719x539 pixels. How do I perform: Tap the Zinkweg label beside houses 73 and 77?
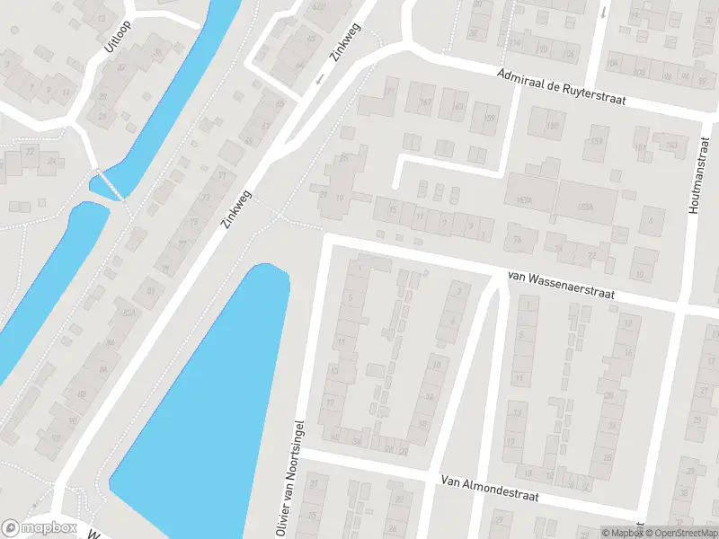(235, 209)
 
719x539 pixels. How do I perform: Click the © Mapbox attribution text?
(622, 532)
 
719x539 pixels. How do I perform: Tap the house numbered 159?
(489, 118)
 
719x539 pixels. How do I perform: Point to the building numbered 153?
(596, 143)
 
